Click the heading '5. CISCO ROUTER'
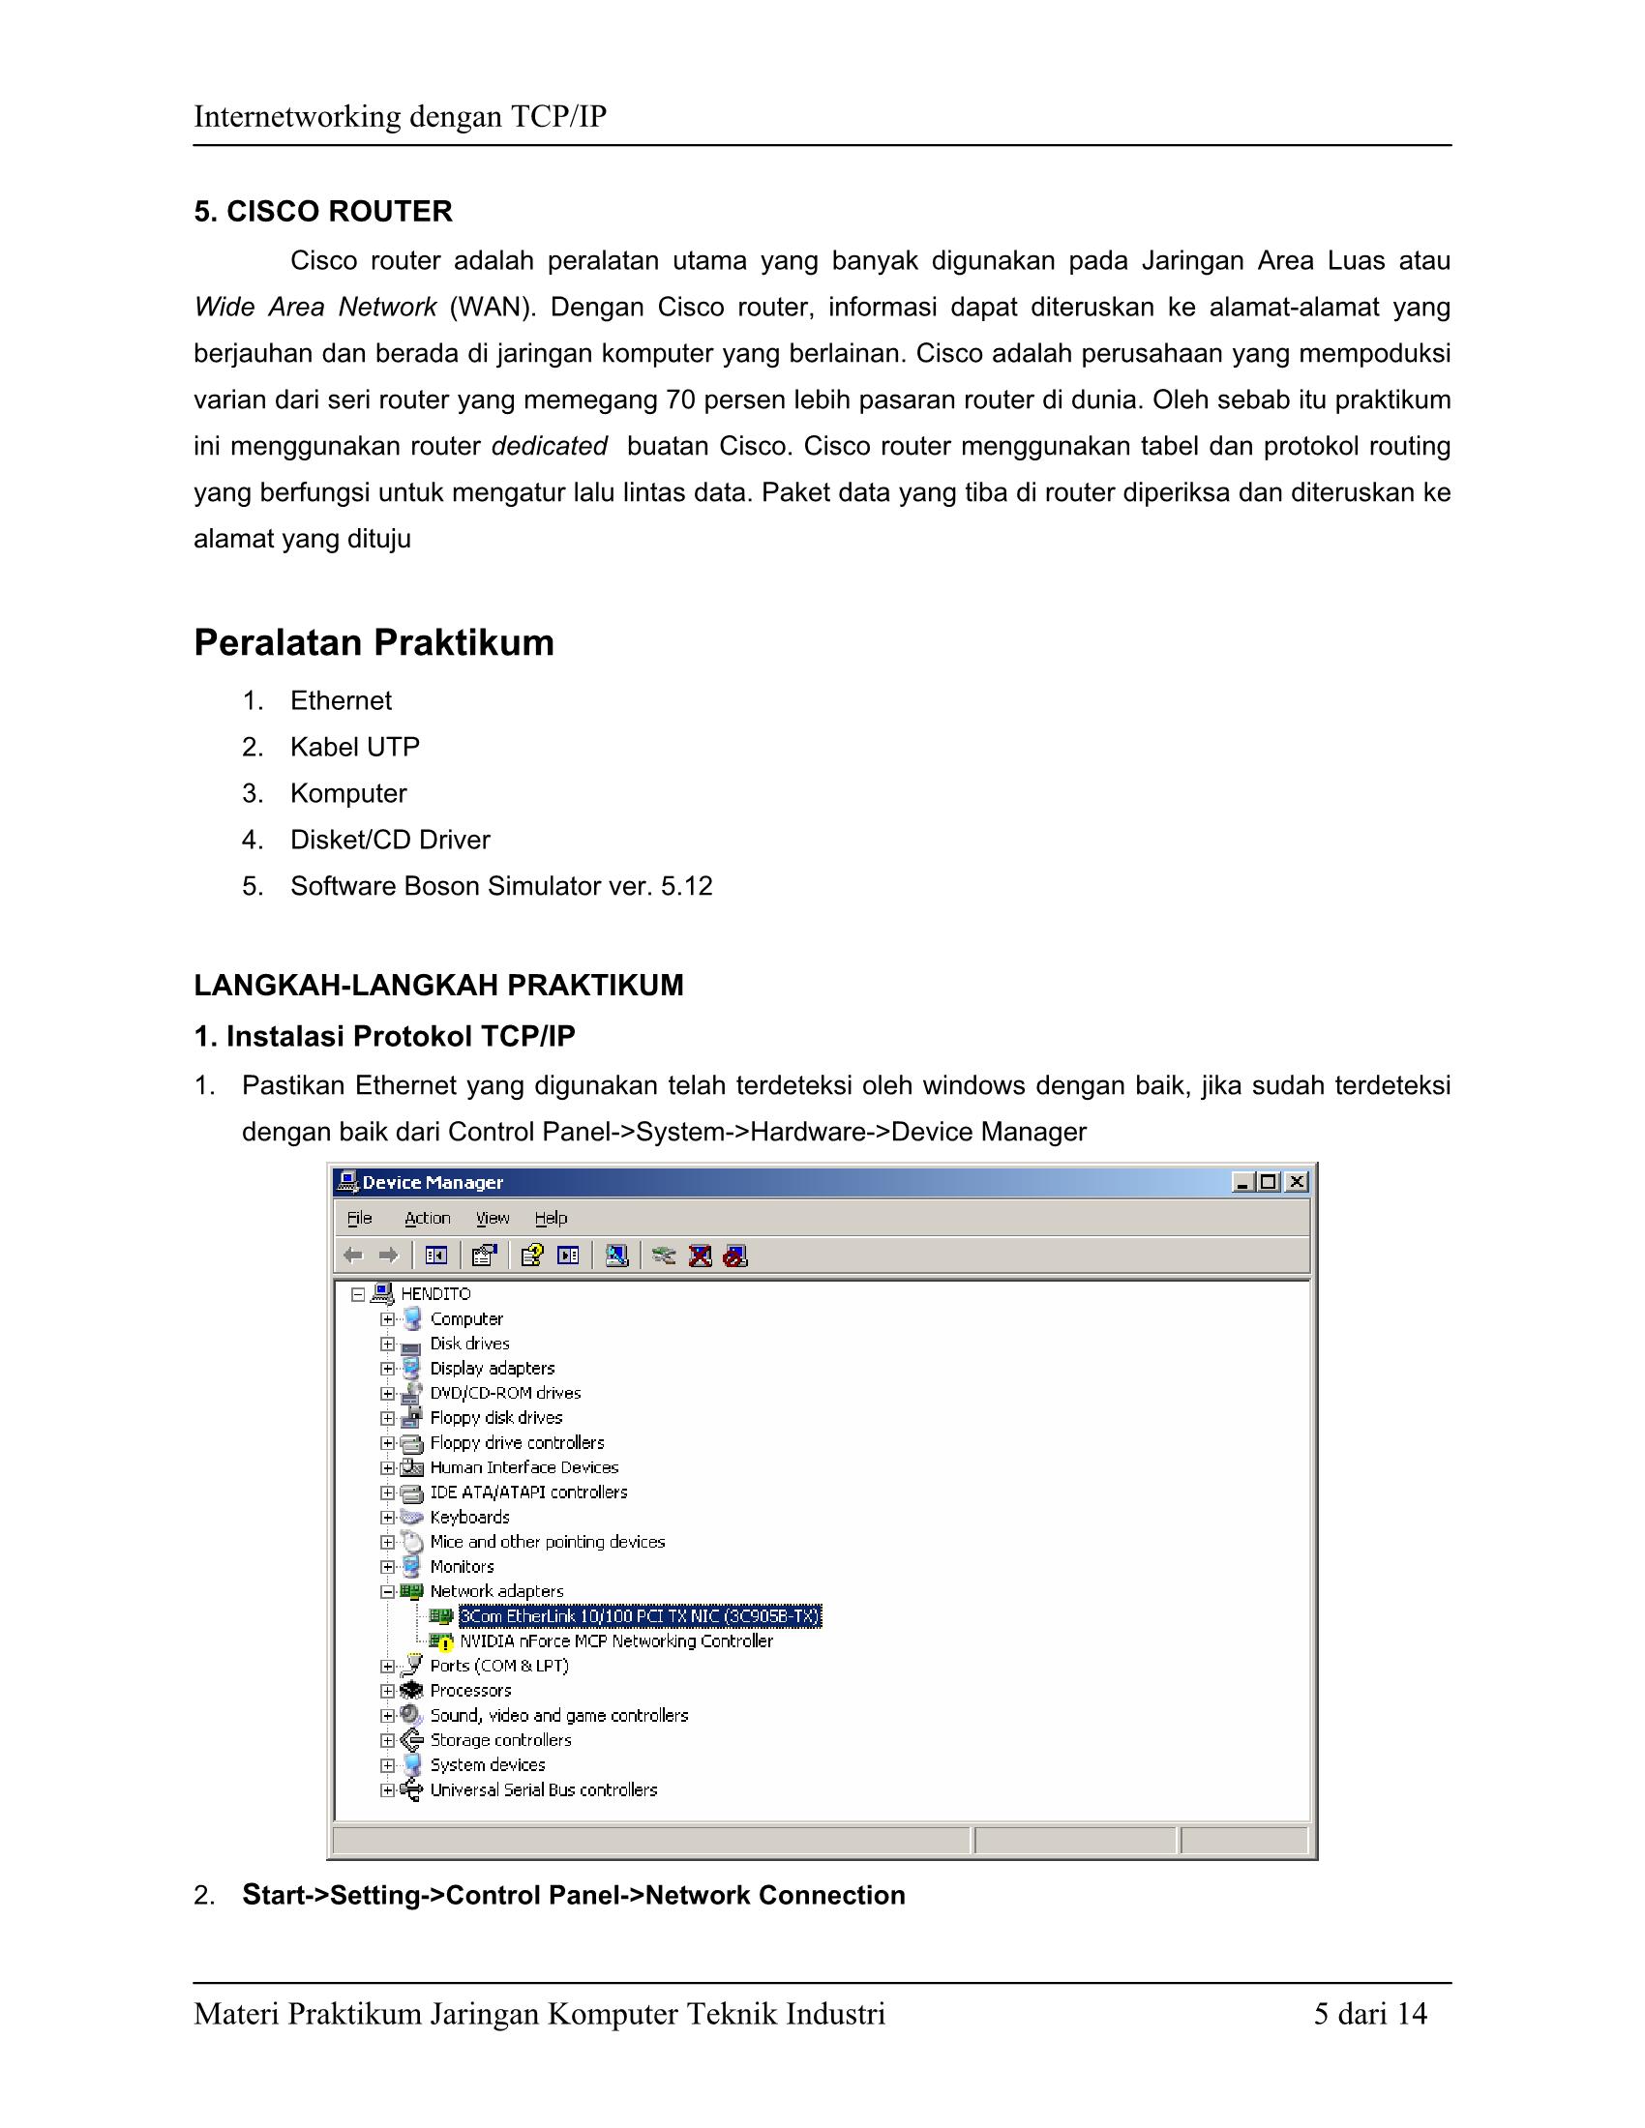322,212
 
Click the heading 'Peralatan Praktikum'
374,643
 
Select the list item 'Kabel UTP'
355,748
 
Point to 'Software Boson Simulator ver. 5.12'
501,887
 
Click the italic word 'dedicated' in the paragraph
549,446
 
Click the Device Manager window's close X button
1296,1182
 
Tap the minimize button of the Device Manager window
1242,1182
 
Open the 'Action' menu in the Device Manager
427,1218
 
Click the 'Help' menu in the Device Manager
551,1218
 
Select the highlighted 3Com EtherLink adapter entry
641,1616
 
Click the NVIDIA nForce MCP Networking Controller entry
615,1640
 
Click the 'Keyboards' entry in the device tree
469,1517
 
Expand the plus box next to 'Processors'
387,1691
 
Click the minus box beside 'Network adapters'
387,1591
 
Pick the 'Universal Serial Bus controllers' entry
543,1789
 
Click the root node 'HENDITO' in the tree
435,1294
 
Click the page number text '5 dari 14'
1369,2014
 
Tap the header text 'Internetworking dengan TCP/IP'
400,117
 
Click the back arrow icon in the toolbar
353,1256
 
